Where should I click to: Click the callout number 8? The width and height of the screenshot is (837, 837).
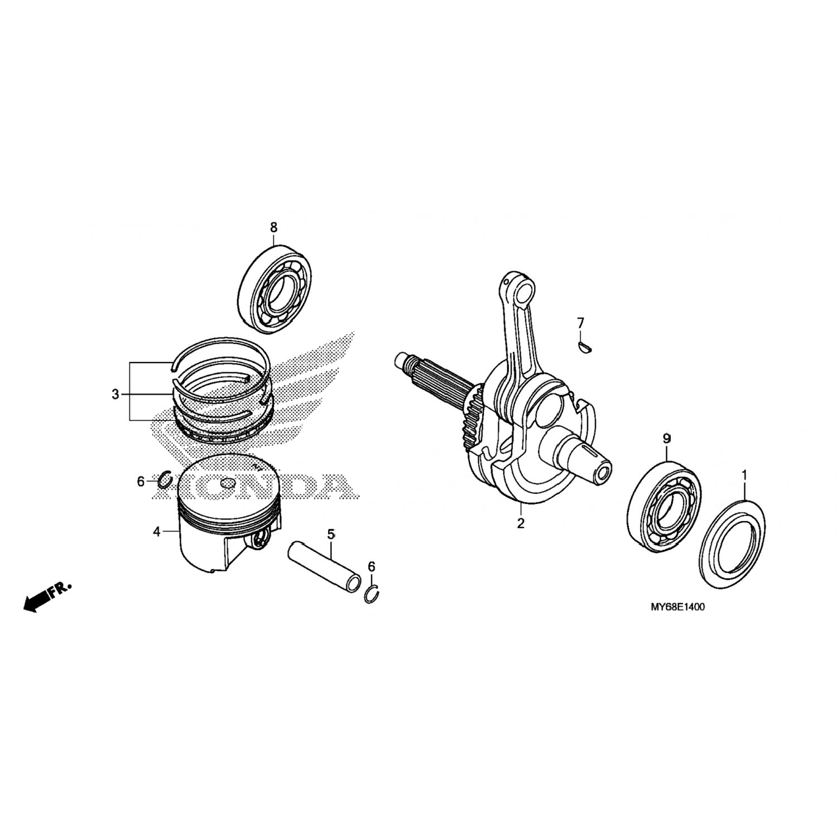point(273,227)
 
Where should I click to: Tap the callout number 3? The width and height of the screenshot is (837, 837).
point(115,395)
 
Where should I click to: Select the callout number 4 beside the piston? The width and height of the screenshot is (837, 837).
point(157,532)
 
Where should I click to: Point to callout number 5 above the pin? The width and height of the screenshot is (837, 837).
point(331,535)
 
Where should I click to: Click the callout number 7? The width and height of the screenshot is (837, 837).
point(580,323)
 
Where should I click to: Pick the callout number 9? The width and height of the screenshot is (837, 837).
point(666,439)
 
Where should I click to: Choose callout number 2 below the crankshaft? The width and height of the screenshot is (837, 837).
point(521,523)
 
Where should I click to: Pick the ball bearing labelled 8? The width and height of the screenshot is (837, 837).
point(275,288)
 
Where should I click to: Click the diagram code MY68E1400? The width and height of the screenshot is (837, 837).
point(677,607)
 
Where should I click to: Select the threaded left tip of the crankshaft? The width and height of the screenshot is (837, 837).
point(403,362)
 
